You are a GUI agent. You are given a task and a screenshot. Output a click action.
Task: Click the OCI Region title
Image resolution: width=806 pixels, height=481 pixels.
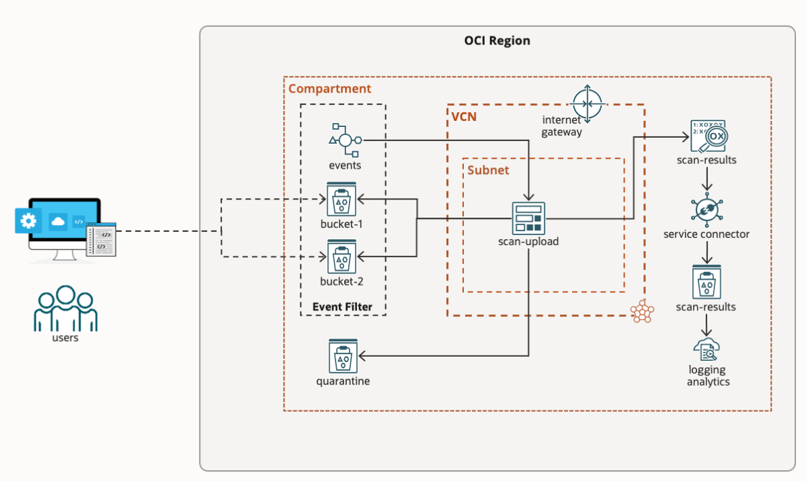497,41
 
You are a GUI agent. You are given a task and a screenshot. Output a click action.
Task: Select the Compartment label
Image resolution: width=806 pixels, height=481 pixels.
329,89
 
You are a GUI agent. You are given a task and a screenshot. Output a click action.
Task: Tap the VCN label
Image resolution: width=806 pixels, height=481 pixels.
465,117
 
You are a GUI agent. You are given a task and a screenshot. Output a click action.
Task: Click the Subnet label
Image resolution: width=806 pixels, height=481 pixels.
488,170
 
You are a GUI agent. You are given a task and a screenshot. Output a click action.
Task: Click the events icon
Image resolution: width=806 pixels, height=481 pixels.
345,140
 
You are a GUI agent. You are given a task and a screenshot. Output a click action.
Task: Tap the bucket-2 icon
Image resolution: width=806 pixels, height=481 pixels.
341,257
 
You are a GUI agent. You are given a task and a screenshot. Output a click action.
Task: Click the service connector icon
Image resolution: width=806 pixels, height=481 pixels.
707,210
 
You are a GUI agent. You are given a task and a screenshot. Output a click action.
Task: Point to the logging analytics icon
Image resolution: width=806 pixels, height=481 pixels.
707,349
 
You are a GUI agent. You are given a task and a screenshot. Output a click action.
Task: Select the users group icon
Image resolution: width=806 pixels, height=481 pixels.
65,308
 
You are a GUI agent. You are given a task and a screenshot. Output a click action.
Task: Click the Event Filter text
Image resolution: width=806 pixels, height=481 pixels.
341,307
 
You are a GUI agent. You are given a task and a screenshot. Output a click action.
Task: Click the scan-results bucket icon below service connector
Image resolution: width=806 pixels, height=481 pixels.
707,281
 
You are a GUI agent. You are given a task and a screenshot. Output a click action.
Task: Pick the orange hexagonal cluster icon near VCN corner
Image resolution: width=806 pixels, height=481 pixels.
641,311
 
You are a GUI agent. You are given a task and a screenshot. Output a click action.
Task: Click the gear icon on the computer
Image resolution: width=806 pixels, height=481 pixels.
28,220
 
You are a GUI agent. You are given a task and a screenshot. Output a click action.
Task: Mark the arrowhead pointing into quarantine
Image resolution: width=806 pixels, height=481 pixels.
361,356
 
